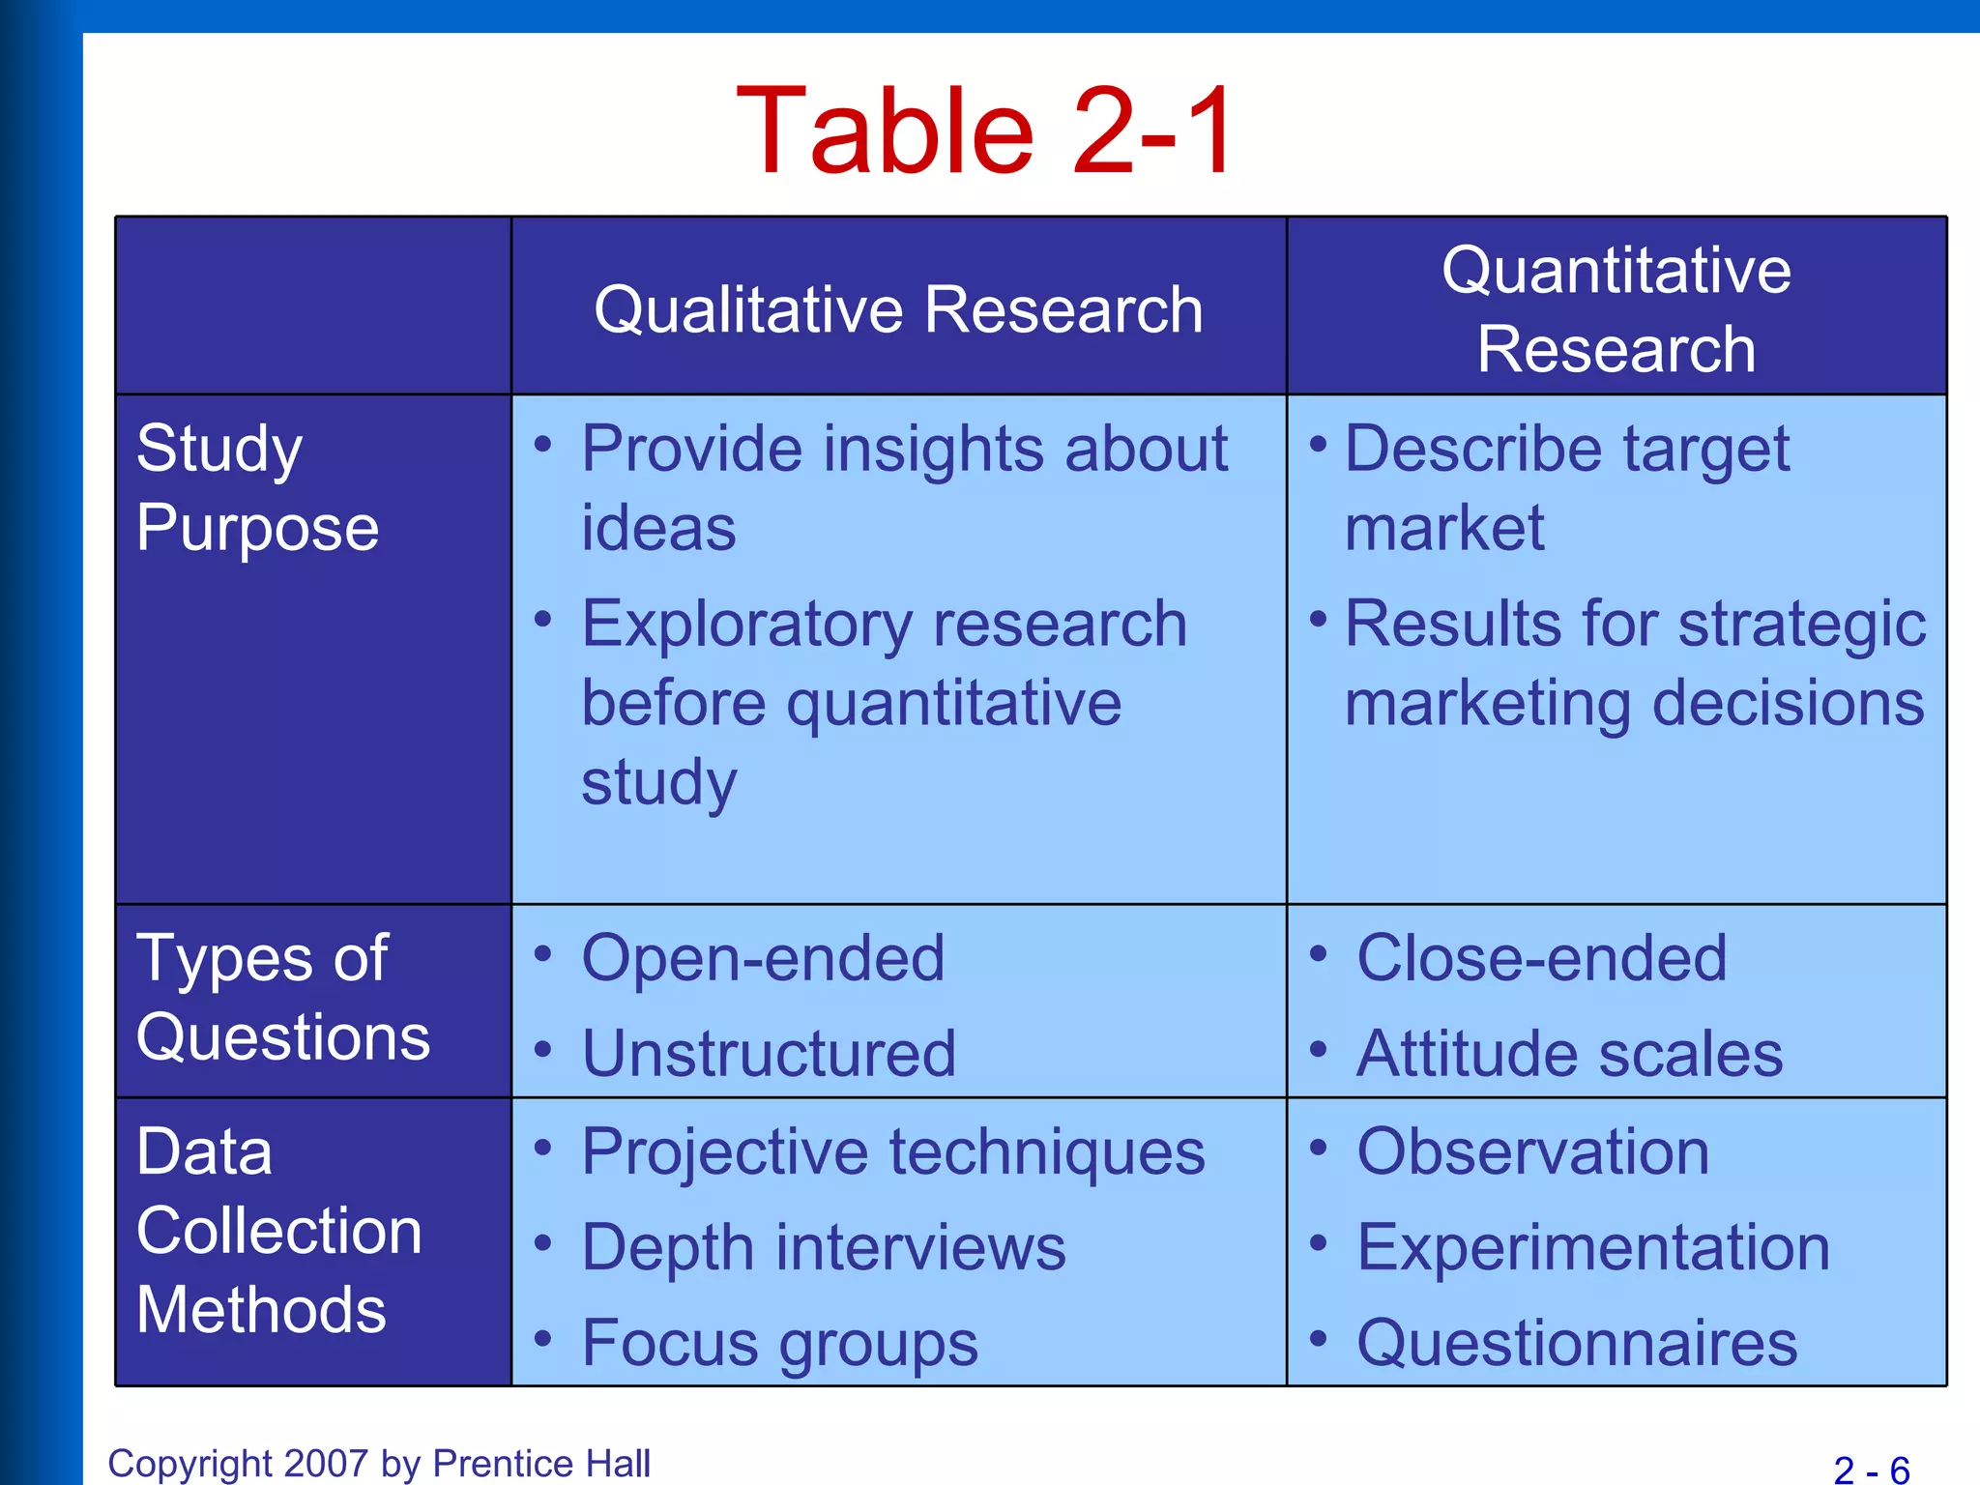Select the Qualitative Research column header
pyautogui.click(x=898, y=310)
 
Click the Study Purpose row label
pyautogui.click(x=257, y=488)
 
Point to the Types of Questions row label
pyautogui.click(x=282, y=998)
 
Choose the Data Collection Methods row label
pyautogui.click(x=278, y=1230)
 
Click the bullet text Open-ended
pyautogui.click(x=763, y=958)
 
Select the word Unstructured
pyautogui.click(x=769, y=1053)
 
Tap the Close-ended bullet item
pyautogui.click(x=1541, y=958)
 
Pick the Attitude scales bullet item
pyautogui.click(x=1569, y=1053)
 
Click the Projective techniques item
pyautogui.click(x=893, y=1151)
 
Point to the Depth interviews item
pyautogui.click(x=824, y=1247)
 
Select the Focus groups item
pyautogui.click(x=779, y=1343)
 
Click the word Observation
pyautogui.click(x=1532, y=1151)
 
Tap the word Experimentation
pyautogui.click(x=1593, y=1247)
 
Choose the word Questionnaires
pyautogui.click(x=1577, y=1343)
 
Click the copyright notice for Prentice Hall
pyautogui.click(x=379, y=1463)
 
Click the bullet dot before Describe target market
pyautogui.click(x=1318, y=445)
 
